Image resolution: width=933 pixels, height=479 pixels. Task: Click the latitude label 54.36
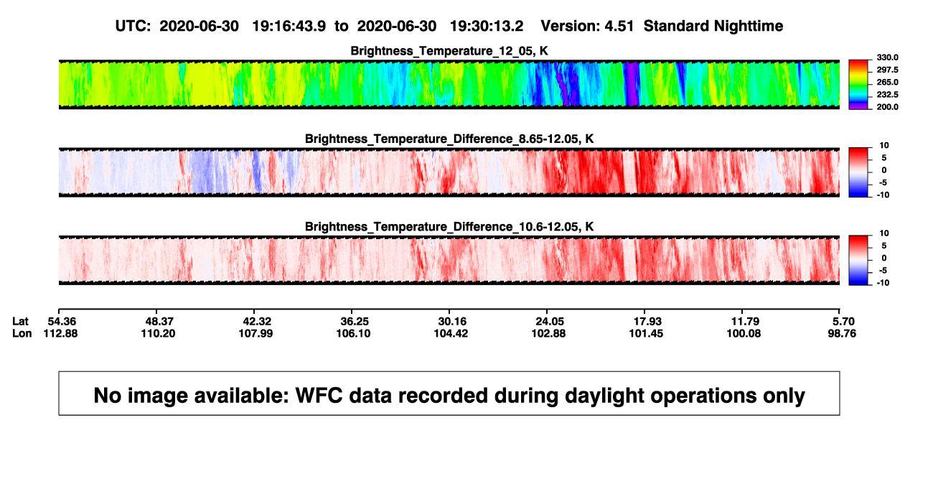tap(62, 322)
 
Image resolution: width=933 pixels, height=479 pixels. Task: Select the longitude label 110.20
tap(158, 333)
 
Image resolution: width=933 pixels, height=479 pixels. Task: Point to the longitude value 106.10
tap(353, 333)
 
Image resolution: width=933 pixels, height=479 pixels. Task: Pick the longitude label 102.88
tap(548, 333)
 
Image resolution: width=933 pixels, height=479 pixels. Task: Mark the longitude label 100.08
tap(744, 333)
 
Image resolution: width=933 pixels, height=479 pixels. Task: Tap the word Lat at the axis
tap(20, 322)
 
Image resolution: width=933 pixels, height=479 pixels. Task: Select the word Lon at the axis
tap(22, 333)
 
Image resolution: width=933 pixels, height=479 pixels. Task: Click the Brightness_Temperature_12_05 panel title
tap(449, 51)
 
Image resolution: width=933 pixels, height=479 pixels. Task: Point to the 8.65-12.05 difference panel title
tap(449, 139)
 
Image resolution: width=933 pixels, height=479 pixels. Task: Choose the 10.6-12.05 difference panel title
tap(449, 227)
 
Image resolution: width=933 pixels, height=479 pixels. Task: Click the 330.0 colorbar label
tap(887, 57)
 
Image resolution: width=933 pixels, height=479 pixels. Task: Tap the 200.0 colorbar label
tap(887, 107)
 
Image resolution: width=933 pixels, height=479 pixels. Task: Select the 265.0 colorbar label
tap(887, 82)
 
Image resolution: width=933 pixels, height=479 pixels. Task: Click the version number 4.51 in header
tap(619, 26)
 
